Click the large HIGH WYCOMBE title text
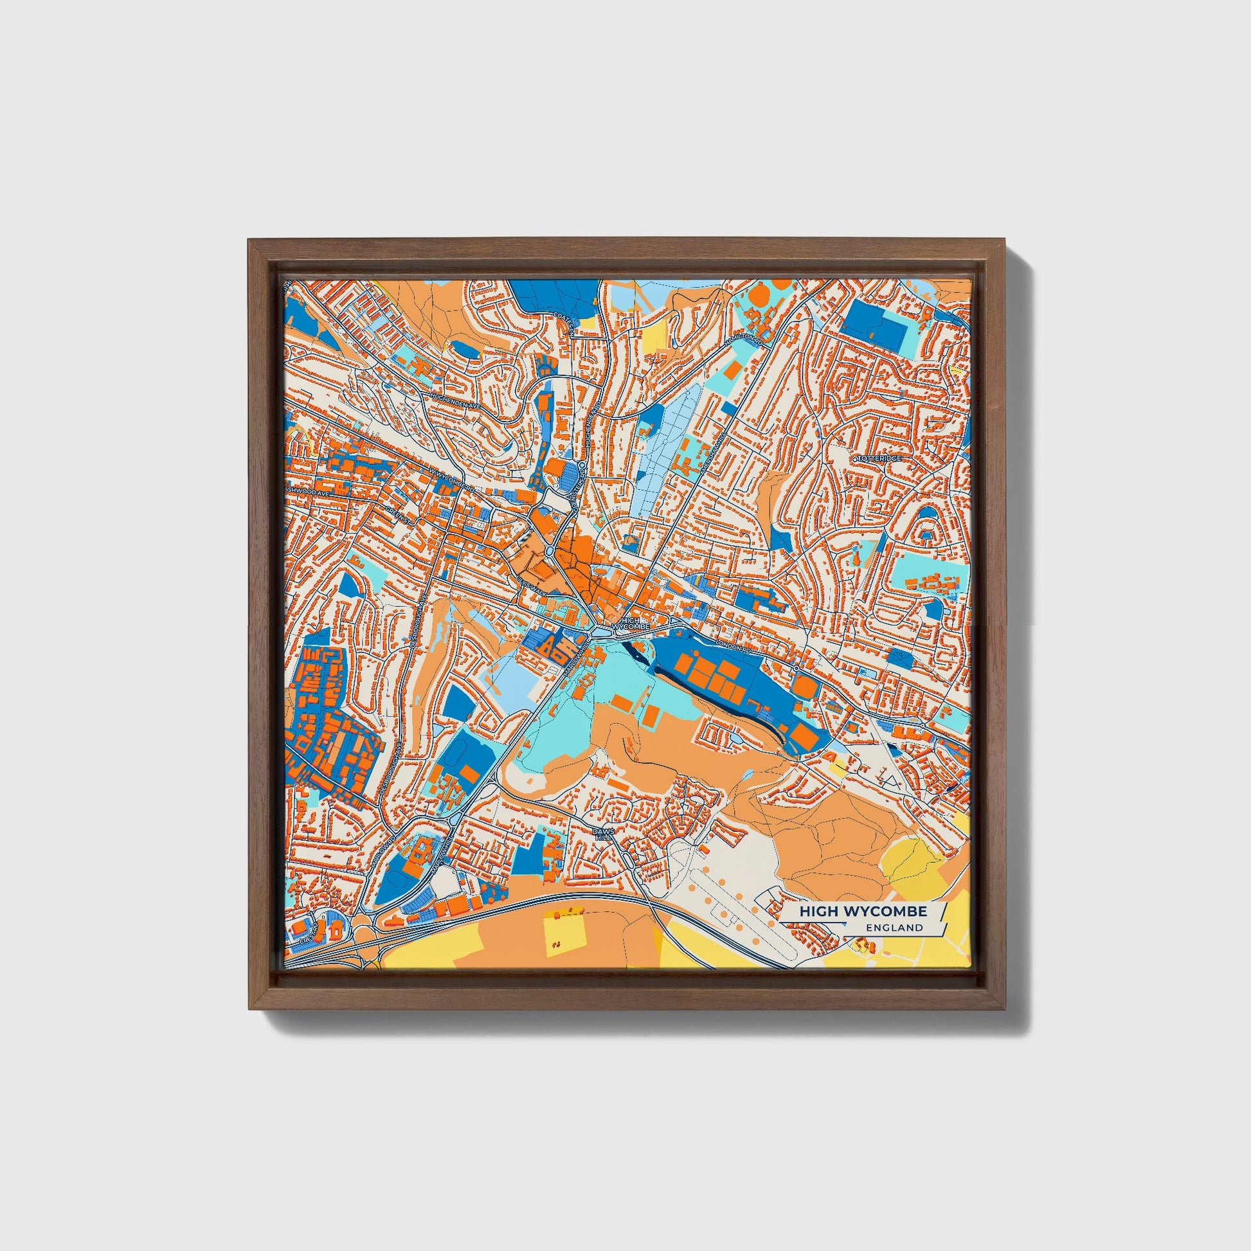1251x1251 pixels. (863, 911)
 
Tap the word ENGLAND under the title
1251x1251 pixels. (897, 927)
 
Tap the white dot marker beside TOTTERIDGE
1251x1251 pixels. (856, 458)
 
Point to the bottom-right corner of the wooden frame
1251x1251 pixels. (1005, 1009)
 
